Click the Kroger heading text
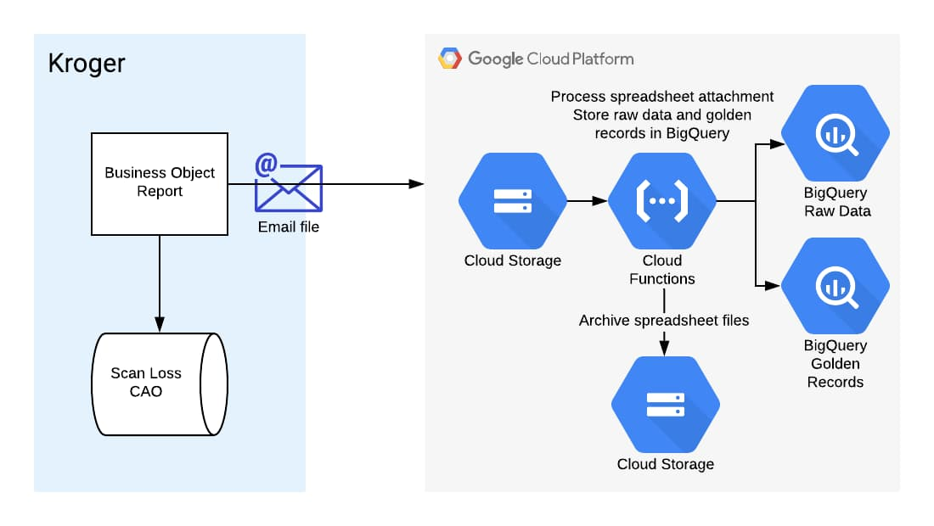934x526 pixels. (87, 64)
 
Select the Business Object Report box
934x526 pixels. (160, 182)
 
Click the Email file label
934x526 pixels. (289, 227)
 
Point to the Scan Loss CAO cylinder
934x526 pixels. (160, 383)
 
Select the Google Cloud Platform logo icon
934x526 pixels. (449, 59)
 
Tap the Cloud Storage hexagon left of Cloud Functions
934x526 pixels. (512, 200)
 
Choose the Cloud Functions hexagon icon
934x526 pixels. (662, 200)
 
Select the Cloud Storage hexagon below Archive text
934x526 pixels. (665, 405)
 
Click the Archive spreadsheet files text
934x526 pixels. (664, 321)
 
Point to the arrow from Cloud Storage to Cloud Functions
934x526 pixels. (587, 201)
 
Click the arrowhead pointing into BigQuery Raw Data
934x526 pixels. (774, 145)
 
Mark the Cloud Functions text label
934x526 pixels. (662, 270)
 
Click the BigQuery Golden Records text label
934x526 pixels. (836, 363)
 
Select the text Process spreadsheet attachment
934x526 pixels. (662, 96)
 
